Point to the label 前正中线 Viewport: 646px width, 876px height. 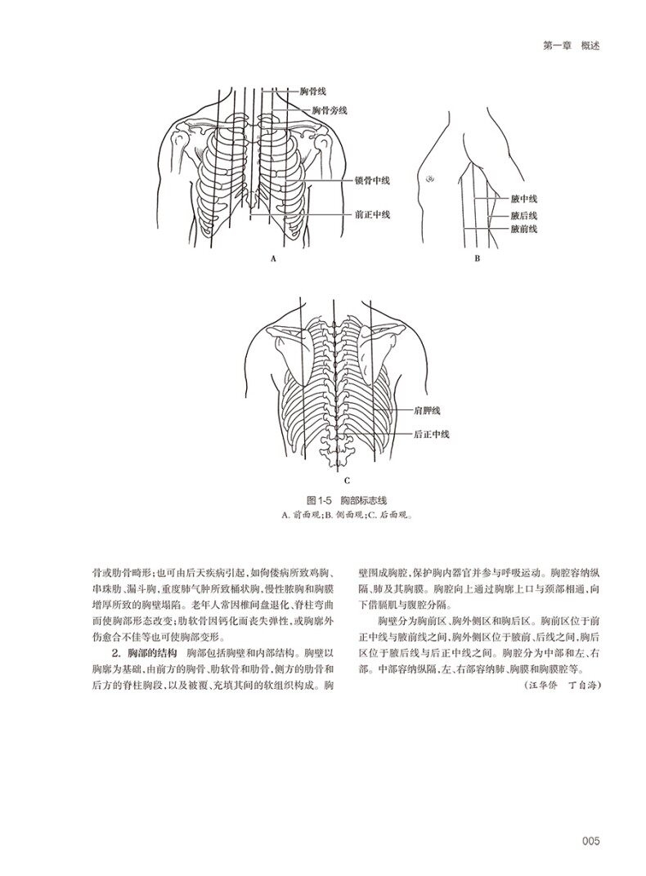372,215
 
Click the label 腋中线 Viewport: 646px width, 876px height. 523,199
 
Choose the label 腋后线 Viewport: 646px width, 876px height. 523,216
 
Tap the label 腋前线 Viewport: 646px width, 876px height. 523,230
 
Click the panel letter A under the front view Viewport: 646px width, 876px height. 273,258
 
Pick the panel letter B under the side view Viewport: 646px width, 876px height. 475,258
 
